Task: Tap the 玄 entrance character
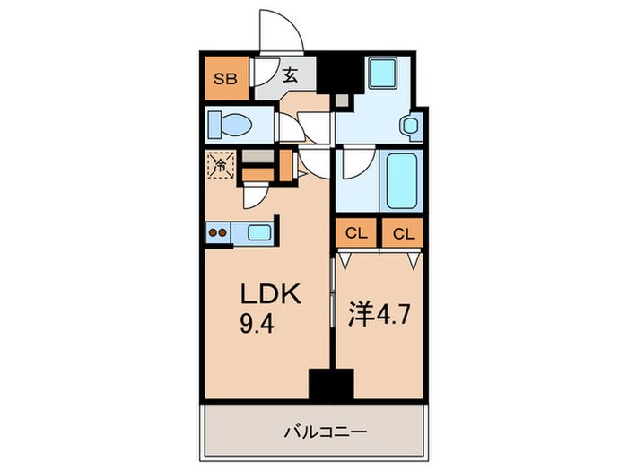click(292, 76)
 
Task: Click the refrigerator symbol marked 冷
click(220, 164)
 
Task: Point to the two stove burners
click(218, 231)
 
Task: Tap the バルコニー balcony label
click(313, 432)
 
